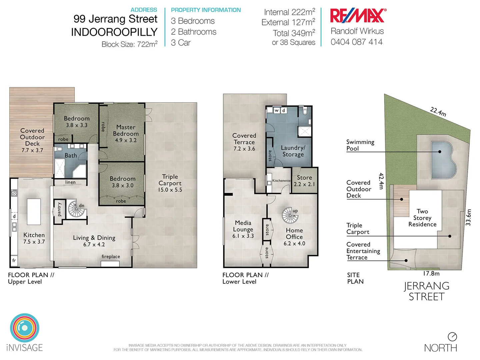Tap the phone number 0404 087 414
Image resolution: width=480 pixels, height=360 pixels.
[356, 42]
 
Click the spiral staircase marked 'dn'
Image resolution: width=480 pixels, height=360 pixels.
[76, 209]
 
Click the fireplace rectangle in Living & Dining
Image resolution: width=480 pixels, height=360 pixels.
[110, 264]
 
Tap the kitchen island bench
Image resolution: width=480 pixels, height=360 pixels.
[34, 211]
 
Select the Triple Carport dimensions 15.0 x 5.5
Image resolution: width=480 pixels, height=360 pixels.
[170, 190]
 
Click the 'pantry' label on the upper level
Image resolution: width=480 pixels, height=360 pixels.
[59, 209]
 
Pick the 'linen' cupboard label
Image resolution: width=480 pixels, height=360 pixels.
[70, 182]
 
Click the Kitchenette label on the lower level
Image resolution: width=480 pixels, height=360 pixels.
[281, 181]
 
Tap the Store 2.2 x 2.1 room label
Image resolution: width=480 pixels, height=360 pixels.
[304, 181]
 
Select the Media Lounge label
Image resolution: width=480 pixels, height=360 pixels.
[243, 226]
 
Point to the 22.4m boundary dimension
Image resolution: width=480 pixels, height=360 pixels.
[438, 112]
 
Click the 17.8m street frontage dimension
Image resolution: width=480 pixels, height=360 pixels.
[431, 274]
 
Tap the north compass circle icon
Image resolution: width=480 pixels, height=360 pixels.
[452, 337]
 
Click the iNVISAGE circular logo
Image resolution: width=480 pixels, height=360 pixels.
[25, 328]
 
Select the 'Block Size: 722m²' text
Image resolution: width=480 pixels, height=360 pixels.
[129, 44]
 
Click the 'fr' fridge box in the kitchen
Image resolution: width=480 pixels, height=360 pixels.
[14, 261]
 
